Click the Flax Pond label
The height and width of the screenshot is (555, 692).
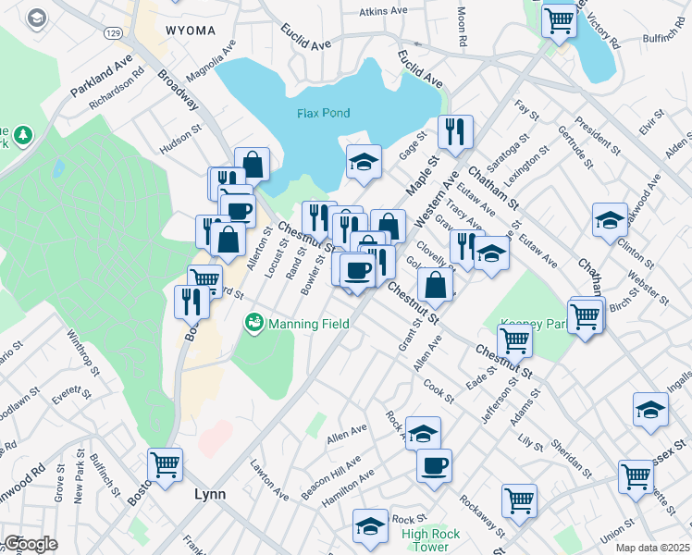(x=324, y=113)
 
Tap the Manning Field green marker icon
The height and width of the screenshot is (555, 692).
(x=252, y=323)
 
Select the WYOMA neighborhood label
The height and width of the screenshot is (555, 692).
(x=191, y=31)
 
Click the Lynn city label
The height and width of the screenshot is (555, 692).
(x=210, y=494)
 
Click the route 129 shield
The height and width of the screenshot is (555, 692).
(x=113, y=32)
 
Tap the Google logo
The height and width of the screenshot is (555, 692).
(x=30, y=544)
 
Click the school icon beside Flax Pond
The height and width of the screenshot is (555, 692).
(x=365, y=161)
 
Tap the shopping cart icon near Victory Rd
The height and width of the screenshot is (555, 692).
(x=558, y=19)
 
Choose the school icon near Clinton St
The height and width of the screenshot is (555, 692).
(x=609, y=220)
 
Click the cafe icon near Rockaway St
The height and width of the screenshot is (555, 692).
(x=434, y=465)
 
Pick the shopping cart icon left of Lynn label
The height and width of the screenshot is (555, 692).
(x=166, y=464)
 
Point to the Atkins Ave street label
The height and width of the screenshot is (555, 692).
(x=384, y=11)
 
